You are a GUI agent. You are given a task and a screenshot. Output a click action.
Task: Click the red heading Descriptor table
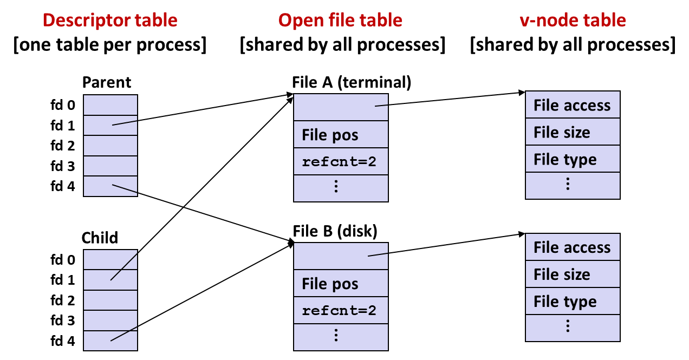[x=110, y=21]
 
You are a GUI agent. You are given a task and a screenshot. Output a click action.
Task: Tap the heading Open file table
[x=340, y=21]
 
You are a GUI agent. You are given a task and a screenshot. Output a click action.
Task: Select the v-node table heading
[x=573, y=21]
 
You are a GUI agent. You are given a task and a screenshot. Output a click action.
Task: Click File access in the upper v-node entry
[x=572, y=105]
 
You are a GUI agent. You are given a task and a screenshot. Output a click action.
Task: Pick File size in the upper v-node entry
[x=562, y=132]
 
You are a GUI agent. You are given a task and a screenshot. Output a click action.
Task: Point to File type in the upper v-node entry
[x=565, y=159]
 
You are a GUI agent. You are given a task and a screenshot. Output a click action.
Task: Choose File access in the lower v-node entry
[x=572, y=247]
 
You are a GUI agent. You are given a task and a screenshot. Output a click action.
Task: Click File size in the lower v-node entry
[x=562, y=274]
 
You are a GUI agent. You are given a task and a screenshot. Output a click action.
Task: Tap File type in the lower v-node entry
[x=565, y=302]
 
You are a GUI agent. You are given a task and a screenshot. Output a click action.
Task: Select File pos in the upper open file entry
[x=330, y=135]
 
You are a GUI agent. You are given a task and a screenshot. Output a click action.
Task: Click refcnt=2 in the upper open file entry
[x=339, y=161]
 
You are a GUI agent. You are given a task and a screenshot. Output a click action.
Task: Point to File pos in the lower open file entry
[x=330, y=284]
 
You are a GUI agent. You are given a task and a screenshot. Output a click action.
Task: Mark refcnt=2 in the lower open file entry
[x=339, y=310]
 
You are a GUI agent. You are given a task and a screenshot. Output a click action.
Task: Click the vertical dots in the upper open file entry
[x=336, y=186]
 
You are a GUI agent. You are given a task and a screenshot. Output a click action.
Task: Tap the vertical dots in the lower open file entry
[x=336, y=335]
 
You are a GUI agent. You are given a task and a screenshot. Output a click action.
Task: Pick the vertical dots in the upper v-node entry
[x=568, y=184]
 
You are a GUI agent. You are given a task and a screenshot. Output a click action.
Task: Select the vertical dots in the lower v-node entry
[x=568, y=326]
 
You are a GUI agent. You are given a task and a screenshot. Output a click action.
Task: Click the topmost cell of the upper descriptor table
[x=110, y=105]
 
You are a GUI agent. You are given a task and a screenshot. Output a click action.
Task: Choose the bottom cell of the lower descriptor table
[x=110, y=341]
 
